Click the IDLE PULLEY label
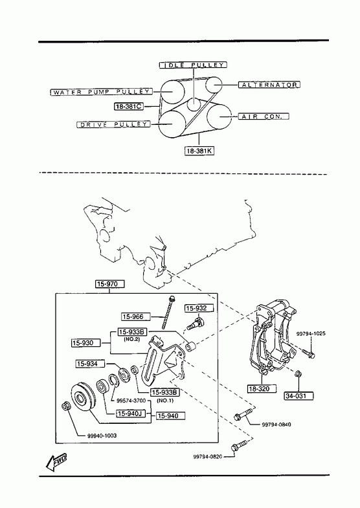pyautogui.click(x=193, y=65)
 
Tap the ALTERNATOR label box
pyautogui.click(x=269, y=85)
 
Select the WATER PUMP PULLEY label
pyautogui.click(x=101, y=92)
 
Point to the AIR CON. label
pyautogui.click(x=264, y=116)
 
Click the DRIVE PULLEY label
pyautogui.click(x=113, y=124)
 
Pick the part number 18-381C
pyautogui.click(x=129, y=106)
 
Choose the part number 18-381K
pyautogui.click(x=199, y=151)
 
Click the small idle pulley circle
pyautogui.click(x=194, y=104)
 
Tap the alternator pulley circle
pyautogui.click(x=214, y=85)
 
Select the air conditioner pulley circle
pyautogui.click(x=219, y=116)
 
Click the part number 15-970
pyautogui.click(x=110, y=284)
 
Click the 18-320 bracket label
pyautogui.click(x=262, y=388)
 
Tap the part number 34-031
pyautogui.click(x=299, y=395)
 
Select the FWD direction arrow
pyautogui.click(x=56, y=461)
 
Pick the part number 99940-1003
pyautogui.click(x=102, y=436)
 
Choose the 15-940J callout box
pyautogui.click(x=131, y=414)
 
